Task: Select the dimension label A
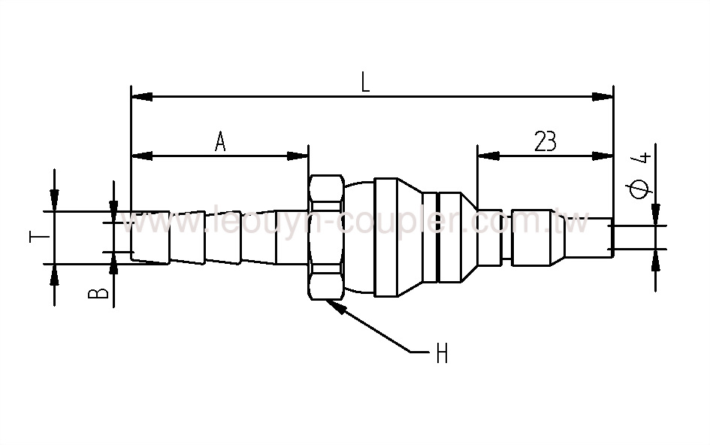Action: (220, 141)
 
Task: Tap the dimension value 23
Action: (545, 141)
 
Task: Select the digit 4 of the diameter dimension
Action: (641, 158)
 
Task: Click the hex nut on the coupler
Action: (326, 237)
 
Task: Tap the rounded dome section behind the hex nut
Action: (359, 237)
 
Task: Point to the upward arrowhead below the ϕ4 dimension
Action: (656, 260)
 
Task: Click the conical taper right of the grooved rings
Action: (467, 237)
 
